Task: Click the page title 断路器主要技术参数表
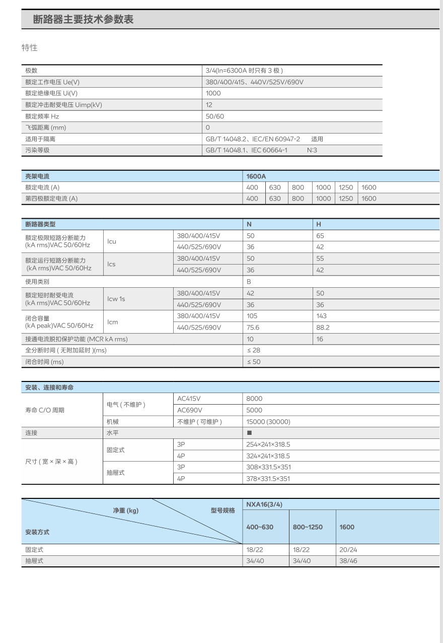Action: point(83,20)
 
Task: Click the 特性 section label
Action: point(29,48)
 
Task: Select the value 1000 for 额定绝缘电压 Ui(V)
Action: point(213,93)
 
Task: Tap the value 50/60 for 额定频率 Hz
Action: point(214,116)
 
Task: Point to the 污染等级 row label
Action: point(38,150)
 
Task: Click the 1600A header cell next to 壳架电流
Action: point(256,176)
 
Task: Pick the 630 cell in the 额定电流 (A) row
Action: point(275,187)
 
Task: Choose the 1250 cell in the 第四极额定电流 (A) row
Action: point(346,199)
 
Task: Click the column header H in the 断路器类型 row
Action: point(318,224)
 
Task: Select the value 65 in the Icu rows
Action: point(320,236)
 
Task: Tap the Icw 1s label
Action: point(116,299)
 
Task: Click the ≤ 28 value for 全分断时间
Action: point(253,350)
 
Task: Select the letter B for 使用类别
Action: point(249,282)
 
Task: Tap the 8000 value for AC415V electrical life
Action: point(254,399)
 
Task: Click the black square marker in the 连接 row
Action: point(249,433)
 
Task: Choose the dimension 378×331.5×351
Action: point(268,479)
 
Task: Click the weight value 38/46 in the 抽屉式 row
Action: point(348,561)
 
